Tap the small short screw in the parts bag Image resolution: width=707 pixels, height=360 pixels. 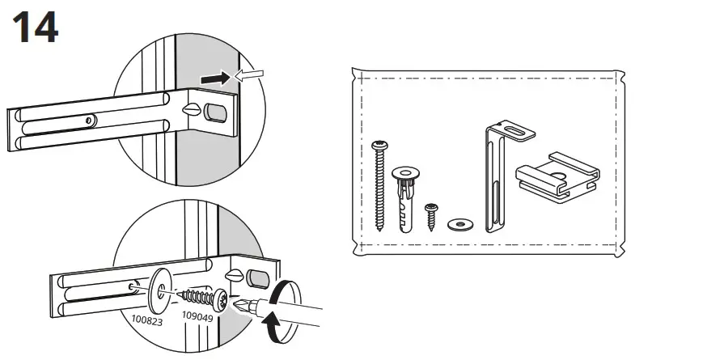tap(432, 214)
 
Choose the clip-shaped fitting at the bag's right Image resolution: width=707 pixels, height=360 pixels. tap(558, 176)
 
